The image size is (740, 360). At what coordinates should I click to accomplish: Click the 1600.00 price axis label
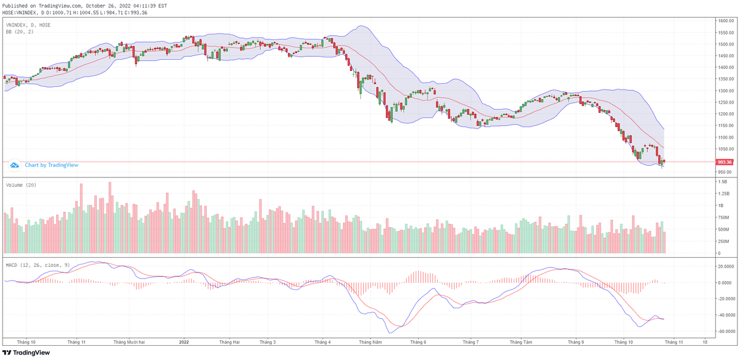(x=725, y=20)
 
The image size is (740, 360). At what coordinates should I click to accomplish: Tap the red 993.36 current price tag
(x=725, y=162)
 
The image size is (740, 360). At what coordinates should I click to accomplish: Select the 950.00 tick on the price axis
(x=725, y=172)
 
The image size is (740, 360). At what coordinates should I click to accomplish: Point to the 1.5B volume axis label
(x=723, y=182)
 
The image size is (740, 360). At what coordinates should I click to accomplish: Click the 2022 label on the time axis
(x=184, y=342)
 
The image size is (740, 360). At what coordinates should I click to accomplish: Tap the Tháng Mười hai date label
(x=129, y=342)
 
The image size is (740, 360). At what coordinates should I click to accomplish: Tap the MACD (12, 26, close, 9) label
(x=37, y=264)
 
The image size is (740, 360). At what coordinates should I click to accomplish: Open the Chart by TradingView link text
(x=52, y=165)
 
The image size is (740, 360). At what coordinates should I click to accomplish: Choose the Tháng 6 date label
(x=418, y=342)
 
